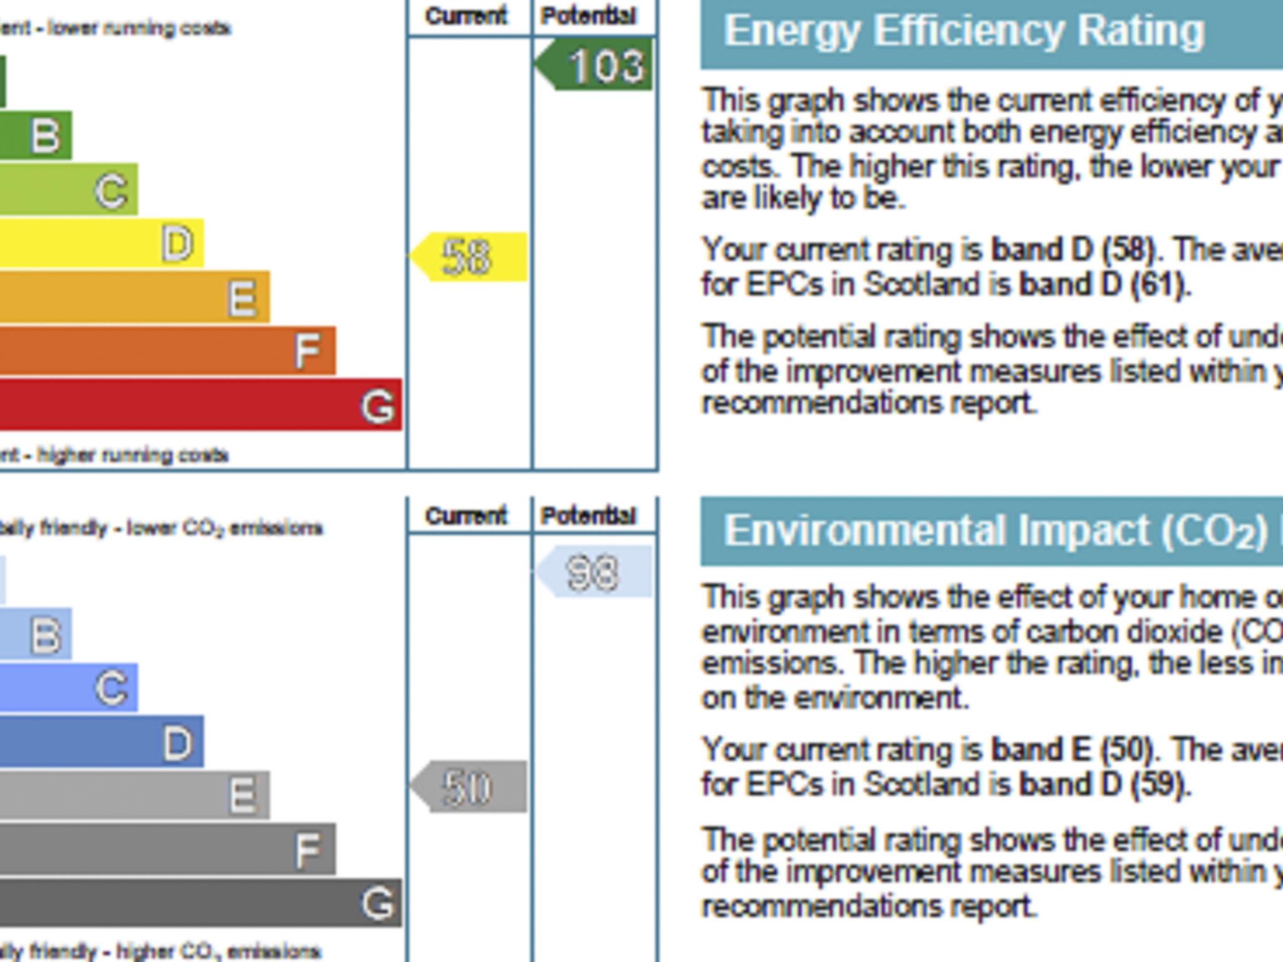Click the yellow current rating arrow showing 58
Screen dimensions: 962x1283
[469, 257]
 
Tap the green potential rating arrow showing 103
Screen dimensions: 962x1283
[595, 65]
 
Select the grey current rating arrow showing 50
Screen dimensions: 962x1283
[469, 787]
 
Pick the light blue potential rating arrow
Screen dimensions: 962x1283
[595, 572]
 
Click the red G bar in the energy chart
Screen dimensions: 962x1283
[200, 405]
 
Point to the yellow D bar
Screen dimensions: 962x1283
[100, 243]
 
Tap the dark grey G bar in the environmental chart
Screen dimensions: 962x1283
[200, 903]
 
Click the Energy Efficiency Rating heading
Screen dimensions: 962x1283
[964, 31]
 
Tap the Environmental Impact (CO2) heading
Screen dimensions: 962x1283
[996, 531]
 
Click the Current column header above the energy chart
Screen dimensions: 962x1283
[465, 16]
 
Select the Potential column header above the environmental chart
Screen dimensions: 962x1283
[589, 516]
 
